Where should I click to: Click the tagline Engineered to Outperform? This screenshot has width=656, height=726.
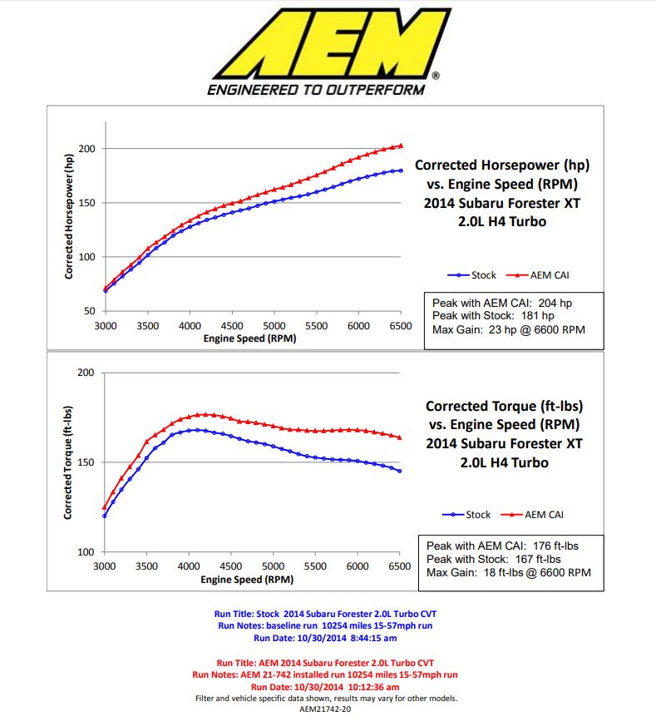pos(318,90)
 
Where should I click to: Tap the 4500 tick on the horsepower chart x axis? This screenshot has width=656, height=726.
pos(232,326)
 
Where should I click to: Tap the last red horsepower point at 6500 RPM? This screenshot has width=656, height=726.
pos(401,146)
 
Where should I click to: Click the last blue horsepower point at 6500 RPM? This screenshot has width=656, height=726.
pos(401,170)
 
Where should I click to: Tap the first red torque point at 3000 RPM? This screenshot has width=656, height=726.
pos(104,507)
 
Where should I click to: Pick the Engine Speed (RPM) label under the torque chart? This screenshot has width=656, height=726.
pos(249,579)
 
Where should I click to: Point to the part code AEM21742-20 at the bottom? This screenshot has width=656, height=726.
pos(327,709)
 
